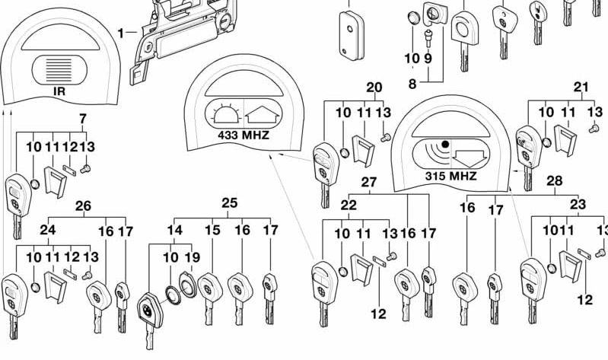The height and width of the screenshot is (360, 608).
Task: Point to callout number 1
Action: point(121,32)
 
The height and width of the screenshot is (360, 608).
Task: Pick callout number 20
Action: point(374,87)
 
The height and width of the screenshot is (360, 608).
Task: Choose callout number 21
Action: point(581,87)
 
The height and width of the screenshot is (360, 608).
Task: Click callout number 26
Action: point(83,205)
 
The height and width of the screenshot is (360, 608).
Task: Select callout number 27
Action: point(369,183)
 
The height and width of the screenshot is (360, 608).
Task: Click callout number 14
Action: point(175,230)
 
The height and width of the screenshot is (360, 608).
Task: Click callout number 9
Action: point(428,58)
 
